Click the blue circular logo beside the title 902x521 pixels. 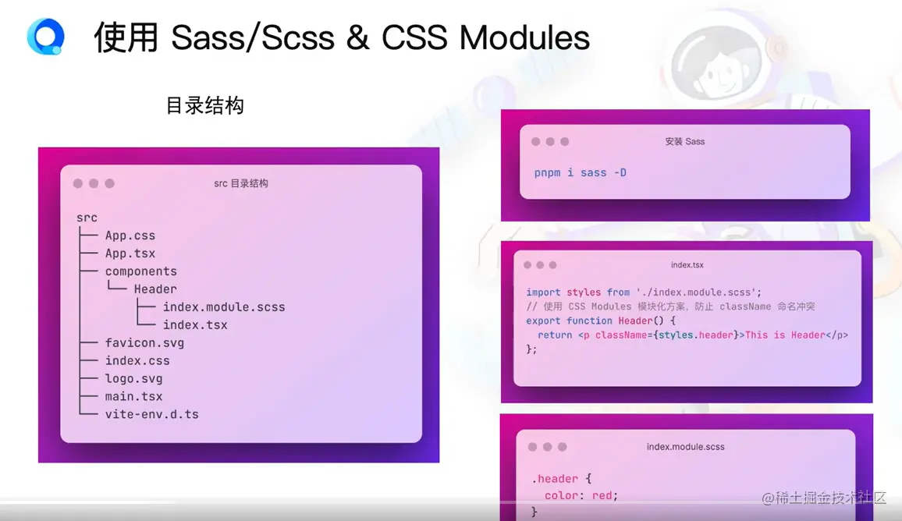(45, 37)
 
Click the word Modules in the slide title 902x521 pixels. (524, 38)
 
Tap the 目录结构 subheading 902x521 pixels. (204, 106)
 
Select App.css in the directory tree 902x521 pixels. (130, 236)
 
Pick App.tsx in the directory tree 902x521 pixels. (130, 253)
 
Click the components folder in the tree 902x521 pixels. (141, 271)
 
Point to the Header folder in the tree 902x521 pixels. (155, 289)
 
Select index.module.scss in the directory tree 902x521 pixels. (224, 307)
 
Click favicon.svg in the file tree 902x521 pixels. (144, 342)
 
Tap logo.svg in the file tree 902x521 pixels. (133, 378)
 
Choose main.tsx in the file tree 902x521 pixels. (133, 396)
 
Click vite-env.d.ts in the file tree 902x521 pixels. (152, 414)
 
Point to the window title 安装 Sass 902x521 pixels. (684, 141)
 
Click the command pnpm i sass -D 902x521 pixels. (580, 172)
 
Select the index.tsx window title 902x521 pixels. (687, 265)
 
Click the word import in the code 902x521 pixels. (543, 292)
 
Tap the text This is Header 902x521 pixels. (785, 335)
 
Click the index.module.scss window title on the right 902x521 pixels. (685, 447)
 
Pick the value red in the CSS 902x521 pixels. (602, 495)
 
